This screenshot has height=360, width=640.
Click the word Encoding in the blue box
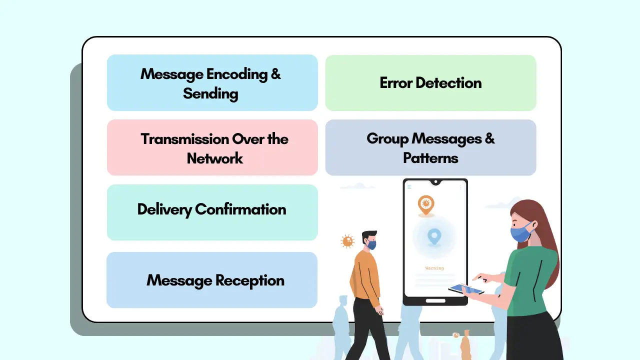point(237,74)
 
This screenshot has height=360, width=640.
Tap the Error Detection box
point(430,83)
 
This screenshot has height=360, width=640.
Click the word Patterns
point(430,158)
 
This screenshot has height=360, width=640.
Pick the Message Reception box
point(212,280)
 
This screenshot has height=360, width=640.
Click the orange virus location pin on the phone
point(426,204)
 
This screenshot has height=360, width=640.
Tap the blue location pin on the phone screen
point(434,235)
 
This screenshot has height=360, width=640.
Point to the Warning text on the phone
point(434,268)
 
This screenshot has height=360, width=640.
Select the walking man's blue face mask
point(371,245)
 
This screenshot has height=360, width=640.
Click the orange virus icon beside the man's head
point(347,241)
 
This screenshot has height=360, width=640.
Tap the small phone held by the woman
point(465,289)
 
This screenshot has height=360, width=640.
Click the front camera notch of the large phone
point(435,181)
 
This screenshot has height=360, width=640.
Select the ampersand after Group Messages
point(489,138)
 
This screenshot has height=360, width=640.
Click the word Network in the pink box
point(215,158)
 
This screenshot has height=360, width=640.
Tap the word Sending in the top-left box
point(210,93)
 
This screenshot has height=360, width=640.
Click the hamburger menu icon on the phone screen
point(409,187)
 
